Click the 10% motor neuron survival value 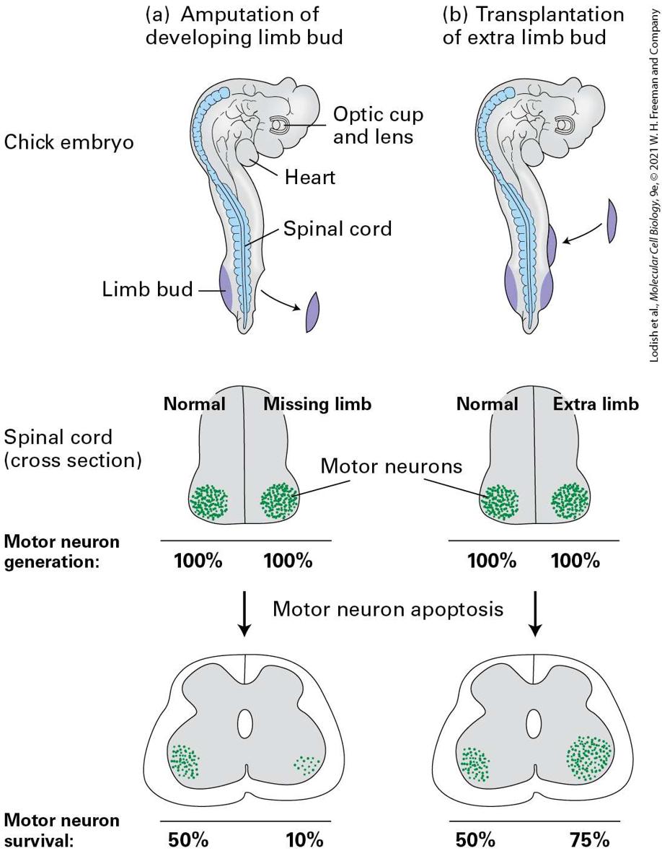[304, 839]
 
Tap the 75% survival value [589, 839]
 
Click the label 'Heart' [310, 178]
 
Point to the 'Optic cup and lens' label [378, 125]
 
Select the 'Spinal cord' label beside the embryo [337, 228]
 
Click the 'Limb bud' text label [147, 288]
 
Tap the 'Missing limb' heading [317, 404]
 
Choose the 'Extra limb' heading [596, 404]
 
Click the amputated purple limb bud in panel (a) [312, 312]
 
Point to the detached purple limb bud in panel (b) [612, 221]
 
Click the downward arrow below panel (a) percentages [245, 613]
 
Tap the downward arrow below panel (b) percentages [536, 613]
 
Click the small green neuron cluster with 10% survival [307, 765]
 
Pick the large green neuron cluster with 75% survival [588, 758]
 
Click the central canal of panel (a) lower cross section [245, 724]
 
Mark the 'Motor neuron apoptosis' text [388, 608]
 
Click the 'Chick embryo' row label [69, 142]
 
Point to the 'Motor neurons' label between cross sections [391, 466]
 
